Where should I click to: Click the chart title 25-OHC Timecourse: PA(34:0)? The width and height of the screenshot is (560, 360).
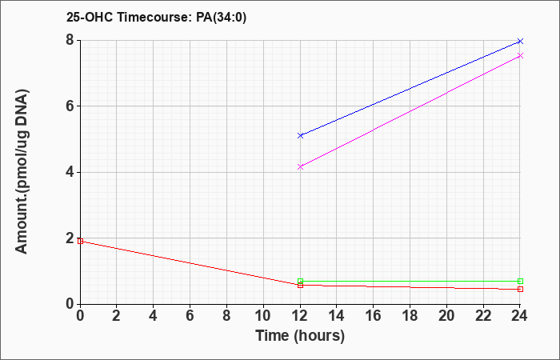click(x=156, y=17)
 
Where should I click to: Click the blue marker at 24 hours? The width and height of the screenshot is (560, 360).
click(x=520, y=42)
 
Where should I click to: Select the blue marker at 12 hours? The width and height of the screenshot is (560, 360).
click(x=300, y=136)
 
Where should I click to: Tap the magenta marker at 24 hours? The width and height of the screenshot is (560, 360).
click(x=520, y=56)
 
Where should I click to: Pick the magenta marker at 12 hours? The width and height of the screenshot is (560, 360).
click(x=300, y=166)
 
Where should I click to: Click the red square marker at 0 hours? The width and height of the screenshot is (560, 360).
click(x=80, y=241)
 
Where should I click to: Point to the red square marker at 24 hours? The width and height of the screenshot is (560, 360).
click(x=520, y=289)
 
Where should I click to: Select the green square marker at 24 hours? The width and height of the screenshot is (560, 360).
click(x=520, y=281)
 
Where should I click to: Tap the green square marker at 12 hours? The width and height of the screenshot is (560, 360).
click(x=300, y=281)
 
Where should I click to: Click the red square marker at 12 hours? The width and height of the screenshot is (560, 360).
click(x=300, y=285)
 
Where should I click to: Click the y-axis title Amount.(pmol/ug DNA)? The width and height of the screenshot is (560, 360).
click(x=22, y=171)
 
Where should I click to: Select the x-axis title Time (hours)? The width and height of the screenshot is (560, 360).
click(x=300, y=336)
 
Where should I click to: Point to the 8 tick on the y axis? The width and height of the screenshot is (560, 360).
click(x=70, y=40)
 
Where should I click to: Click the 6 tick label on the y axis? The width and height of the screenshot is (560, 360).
click(x=70, y=106)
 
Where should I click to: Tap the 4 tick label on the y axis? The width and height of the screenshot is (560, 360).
click(x=70, y=173)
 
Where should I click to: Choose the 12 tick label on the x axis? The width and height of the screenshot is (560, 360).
click(x=300, y=315)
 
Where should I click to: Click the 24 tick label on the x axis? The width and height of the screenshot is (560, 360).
click(x=520, y=315)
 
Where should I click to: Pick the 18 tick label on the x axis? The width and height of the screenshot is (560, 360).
click(x=410, y=315)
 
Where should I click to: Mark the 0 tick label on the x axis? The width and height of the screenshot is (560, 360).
click(x=80, y=315)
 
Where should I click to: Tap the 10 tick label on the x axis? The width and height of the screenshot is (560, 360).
click(x=263, y=315)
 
